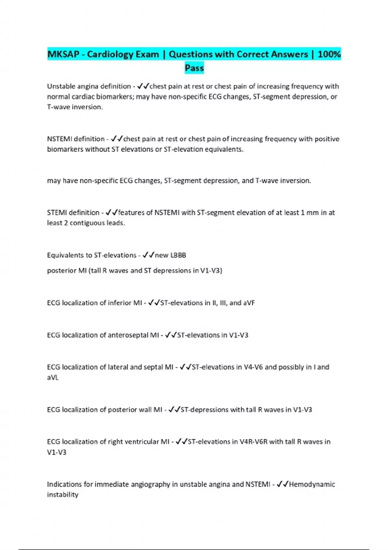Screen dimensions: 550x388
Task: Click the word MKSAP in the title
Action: point(63,54)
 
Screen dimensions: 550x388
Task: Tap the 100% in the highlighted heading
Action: point(329,54)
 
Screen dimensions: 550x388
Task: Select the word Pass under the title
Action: point(194,68)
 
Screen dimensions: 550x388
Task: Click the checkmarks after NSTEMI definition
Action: point(117,139)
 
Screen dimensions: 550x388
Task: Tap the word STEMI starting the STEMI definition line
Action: point(57,213)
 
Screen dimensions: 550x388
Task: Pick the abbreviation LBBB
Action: point(178,255)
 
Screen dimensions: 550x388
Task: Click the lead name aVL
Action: point(53,378)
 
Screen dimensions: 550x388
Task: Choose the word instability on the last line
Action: point(63,495)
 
